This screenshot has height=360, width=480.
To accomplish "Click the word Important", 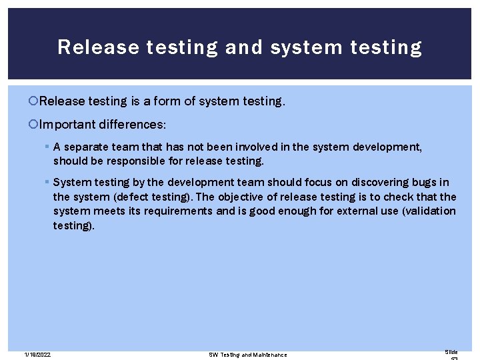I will pyautogui.click(x=69, y=124).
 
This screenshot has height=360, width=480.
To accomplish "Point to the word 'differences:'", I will pyautogui.click(x=134, y=124).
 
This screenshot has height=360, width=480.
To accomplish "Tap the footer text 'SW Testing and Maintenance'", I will pyautogui.click(x=247, y=354).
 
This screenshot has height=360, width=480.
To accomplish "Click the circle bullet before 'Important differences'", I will pyautogui.click(x=34, y=124).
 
